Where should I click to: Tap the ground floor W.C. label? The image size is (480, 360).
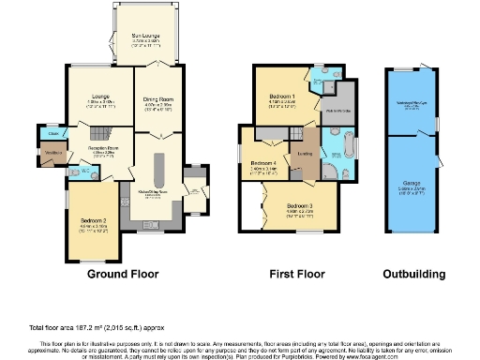[x=84, y=171]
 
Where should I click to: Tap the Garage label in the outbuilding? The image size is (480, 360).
[x=412, y=185]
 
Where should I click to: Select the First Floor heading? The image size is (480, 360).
[x=297, y=275]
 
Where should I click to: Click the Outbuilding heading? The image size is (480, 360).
[x=413, y=275]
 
